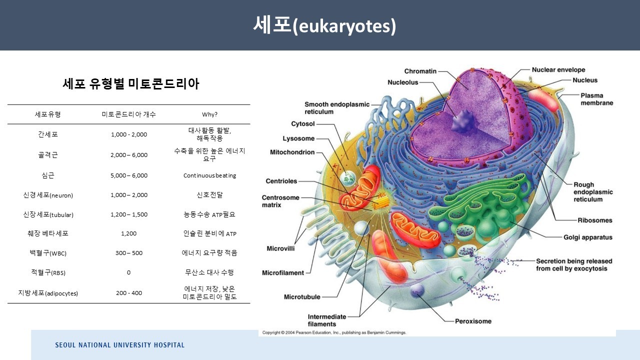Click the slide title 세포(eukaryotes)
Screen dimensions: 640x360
click(324, 25)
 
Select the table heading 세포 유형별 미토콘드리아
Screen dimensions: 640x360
click(131, 84)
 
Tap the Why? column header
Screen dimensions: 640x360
click(209, 114)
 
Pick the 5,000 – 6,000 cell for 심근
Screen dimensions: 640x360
click(129, 175)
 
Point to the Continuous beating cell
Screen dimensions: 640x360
click(209, 175)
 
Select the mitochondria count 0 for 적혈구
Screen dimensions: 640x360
click(128, 272)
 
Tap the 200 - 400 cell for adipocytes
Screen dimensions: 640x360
click(129, 293)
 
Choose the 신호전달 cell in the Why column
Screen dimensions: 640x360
click(209, 195)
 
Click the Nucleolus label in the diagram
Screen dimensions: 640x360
click(402, 82)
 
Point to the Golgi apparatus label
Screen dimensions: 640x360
click(587, 237)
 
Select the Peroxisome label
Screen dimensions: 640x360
click(473, 321)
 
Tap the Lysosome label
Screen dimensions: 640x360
click(298, 138)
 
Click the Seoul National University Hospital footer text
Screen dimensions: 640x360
click(119, 345)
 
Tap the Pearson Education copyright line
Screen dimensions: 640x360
click(334, 332)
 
